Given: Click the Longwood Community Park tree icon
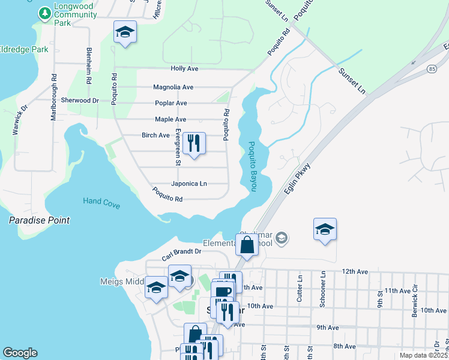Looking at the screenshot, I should (44, 13).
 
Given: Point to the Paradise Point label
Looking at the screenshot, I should (39, 220).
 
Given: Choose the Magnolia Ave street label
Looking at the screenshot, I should (173, 87).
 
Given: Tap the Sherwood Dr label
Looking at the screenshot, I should (80, 100).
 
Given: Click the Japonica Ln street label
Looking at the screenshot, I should (188, 184).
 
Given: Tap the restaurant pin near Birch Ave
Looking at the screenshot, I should (193, 144).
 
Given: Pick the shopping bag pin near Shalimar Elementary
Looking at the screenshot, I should (247, 245).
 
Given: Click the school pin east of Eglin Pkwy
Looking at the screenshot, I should (325, 230).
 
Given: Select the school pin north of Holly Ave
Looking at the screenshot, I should (125, 32).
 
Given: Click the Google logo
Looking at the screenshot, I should (20, 353).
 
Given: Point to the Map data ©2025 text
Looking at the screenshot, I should (423, 355).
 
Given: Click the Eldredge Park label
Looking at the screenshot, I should (24, 49).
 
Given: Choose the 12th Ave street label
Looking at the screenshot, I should (354, 271).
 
